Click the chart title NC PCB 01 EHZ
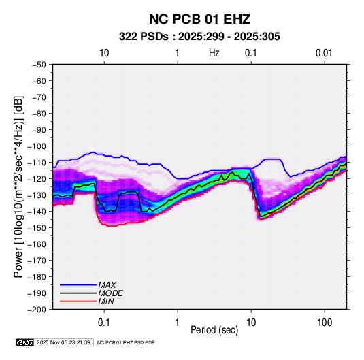click(x=199, y=19)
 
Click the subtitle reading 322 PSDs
click(x=144, y=37)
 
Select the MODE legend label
click(x=110, y=293)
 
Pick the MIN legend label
click(x=106, y=301)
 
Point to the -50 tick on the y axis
click(x=39, y=65)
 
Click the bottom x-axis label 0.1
click(x=104, y=323)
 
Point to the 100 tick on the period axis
click(x=325, y=323)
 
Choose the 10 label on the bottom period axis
click(x=251, y=323)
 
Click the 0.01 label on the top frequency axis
click(x=324, y=53)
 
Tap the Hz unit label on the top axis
click(x=214, y=53)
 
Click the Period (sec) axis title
click(x=214, y=330)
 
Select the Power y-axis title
click(x=18, y=187)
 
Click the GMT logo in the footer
click(x=25, y=342)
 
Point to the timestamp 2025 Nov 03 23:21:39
click(x=63, y=342)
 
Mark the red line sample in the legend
click(x=78, y=301)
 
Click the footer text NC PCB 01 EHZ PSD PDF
click(x=126, y=342)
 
